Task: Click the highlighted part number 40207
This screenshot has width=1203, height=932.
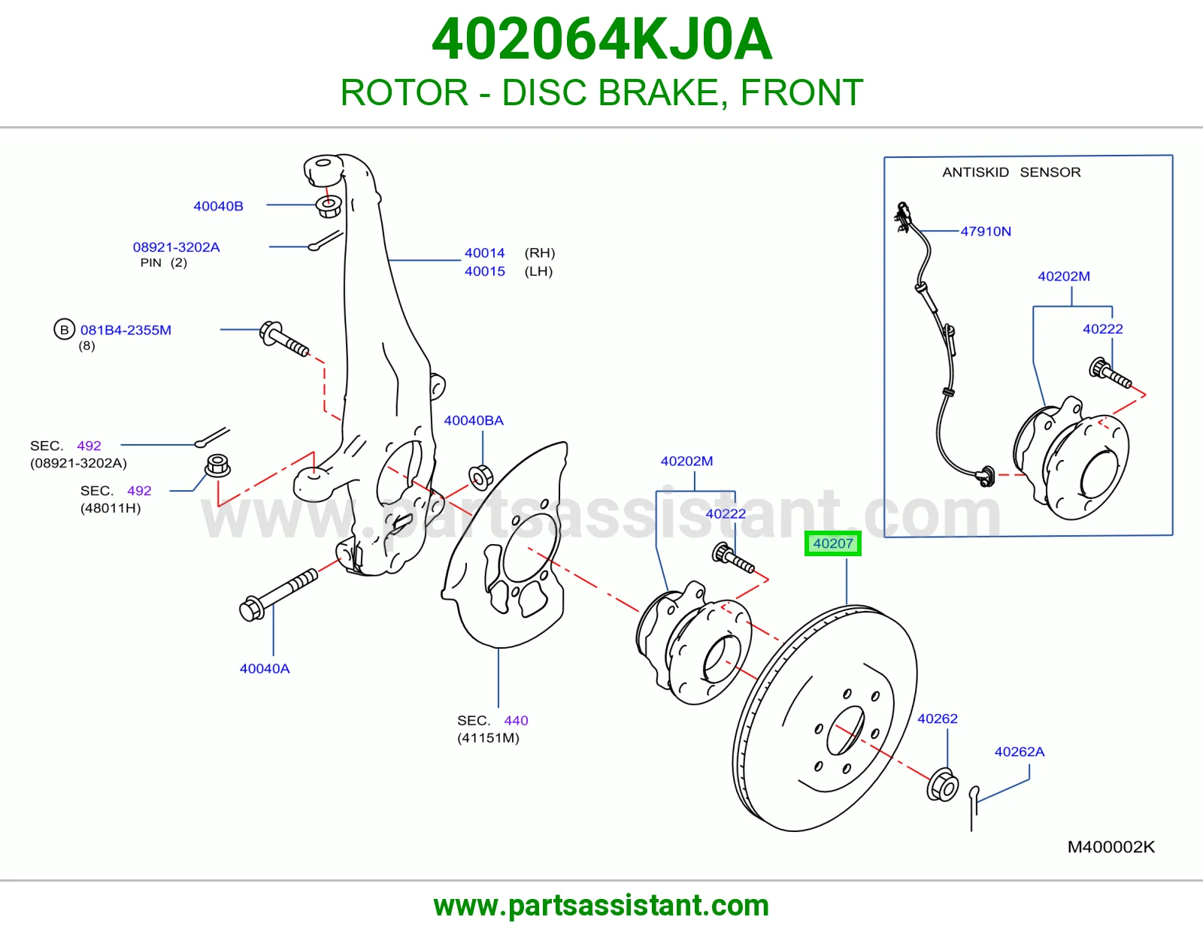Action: tap(832, 543)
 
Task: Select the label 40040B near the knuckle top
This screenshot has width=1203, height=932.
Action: tap(218, 206)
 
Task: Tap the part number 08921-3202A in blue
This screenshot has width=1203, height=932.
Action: tap(176, 247)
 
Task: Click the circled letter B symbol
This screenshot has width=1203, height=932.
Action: tap(64, 329)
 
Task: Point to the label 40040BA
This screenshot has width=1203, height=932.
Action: tap(474, 420)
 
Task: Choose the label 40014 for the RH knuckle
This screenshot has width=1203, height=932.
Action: tap(484, 253)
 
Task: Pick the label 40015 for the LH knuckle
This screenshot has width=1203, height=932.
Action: tap(484, 271)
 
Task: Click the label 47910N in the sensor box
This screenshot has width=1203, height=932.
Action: tap(986, 231)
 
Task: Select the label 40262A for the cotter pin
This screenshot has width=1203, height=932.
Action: tap(1020, 752)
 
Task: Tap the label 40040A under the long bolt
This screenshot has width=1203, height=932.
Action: tap(265, 669)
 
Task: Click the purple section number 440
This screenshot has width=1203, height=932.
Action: tap(516, 721)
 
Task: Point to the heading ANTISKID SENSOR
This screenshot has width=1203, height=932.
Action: tap(1011, 172)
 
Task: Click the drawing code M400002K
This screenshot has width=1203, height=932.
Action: tap(1111, 847)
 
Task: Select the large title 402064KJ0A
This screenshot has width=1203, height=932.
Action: tap(601, 39)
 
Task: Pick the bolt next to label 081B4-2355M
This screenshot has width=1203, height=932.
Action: tap(284, 339)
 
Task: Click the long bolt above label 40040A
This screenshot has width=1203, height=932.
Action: tap(278, 595)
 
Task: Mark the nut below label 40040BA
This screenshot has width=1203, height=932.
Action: tap(480, 477)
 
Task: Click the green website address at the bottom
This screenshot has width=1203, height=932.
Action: tap(601, 906)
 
